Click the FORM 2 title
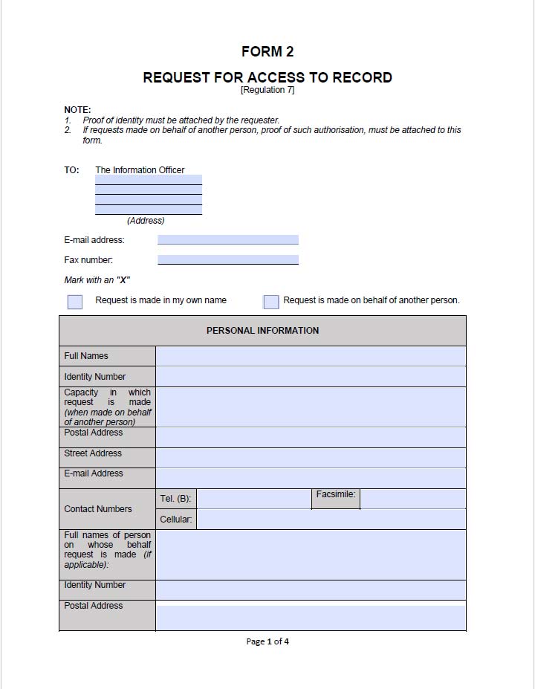[267, 51]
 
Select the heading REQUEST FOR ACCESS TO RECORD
[267, 77]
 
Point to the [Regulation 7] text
[267, 90]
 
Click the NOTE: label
[77, 110]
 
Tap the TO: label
[71, 170]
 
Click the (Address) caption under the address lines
[146, 221]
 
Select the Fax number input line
[227, 260]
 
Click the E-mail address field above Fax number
[227, 240]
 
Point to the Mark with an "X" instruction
[97, 280]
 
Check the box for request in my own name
[75, 301]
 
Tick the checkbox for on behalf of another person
[271, 301]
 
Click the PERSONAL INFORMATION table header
[262, 331]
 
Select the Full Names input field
[311, 356]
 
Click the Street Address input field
[311, 457]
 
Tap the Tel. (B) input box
[253, 499]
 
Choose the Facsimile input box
[412, 499]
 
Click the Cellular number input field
[331, 520]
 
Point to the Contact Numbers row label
[98, 509]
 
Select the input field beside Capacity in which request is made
[311, 407]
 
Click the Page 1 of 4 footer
[267, 641]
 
